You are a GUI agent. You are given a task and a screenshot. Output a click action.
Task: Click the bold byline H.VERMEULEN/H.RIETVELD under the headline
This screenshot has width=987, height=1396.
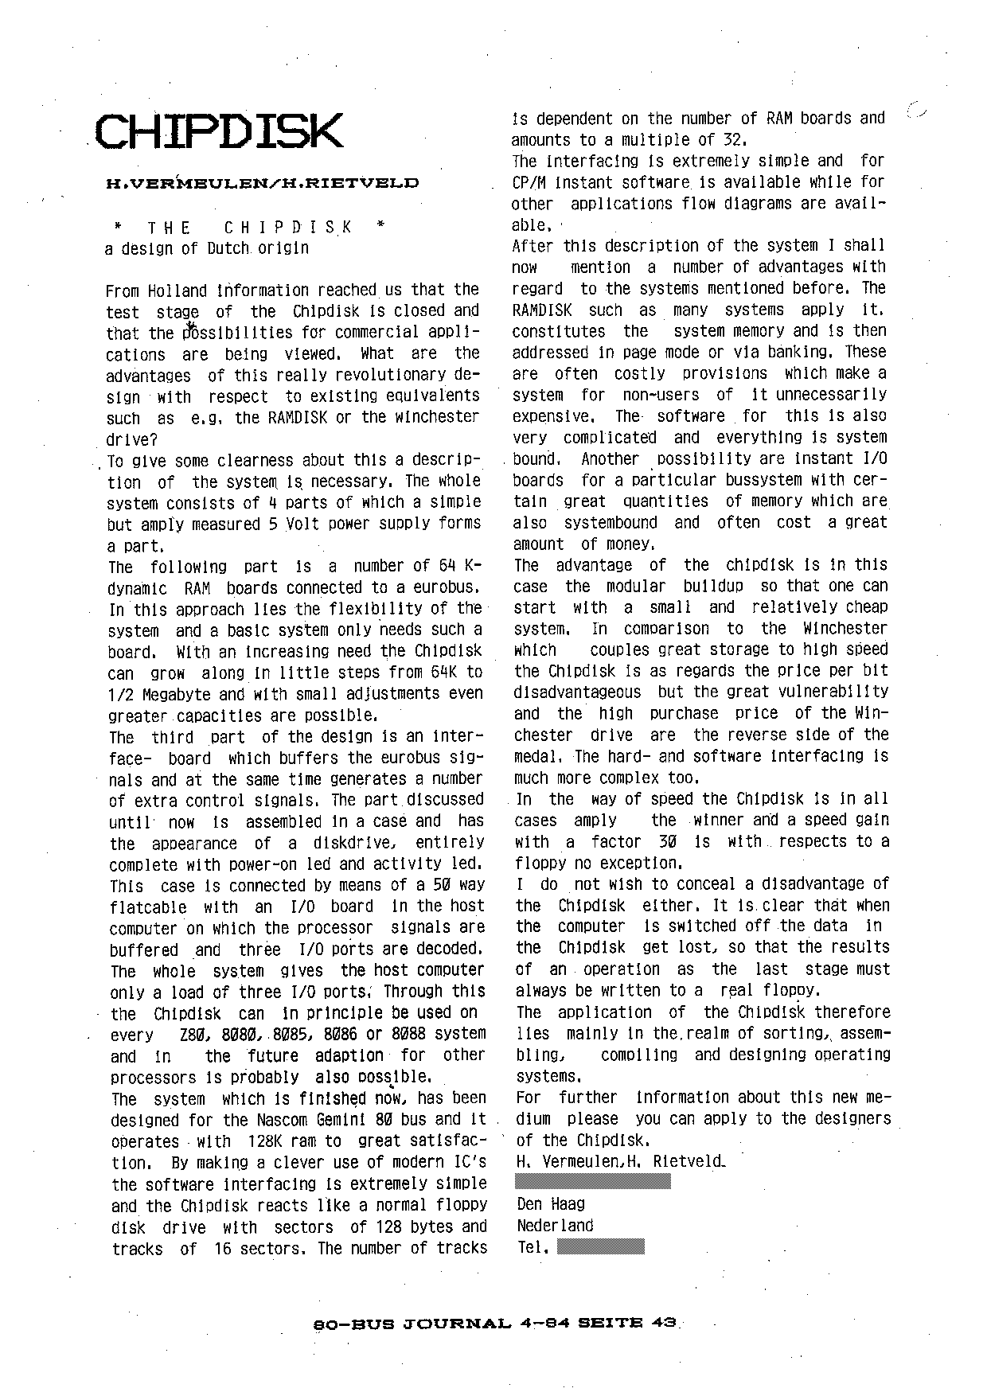(x=263, y=183)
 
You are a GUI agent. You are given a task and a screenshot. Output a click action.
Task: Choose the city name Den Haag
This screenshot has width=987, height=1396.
(x=551, y=1204)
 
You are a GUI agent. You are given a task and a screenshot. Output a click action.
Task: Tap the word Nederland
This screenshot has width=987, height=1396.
(x=556, y=1226)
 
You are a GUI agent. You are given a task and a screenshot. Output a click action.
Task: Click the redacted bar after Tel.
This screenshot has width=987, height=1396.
(x=600, y=1246)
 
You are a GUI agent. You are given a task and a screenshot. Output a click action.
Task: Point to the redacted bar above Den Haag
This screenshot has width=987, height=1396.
(x=594, y=1182)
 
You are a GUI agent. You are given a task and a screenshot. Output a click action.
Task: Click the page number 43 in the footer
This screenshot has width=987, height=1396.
(x=664, y=1323)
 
